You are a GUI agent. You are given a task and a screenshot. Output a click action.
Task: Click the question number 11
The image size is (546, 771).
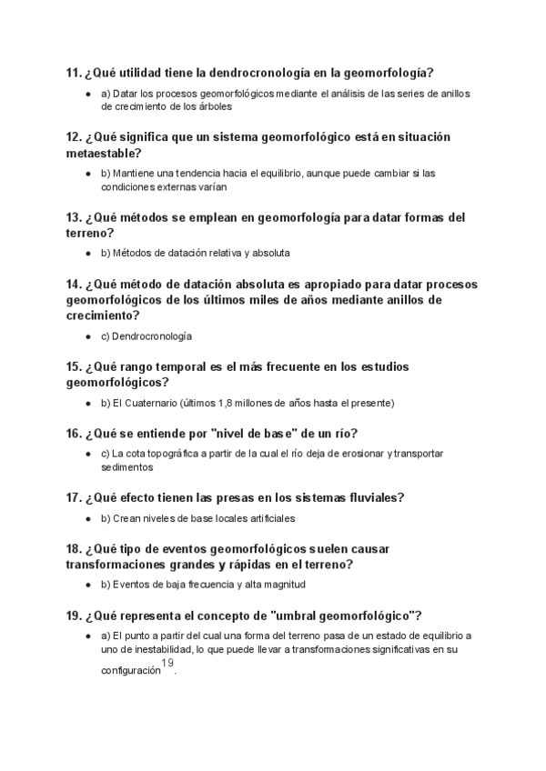(74, 72)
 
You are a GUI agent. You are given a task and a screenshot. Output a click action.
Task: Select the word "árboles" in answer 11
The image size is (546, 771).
(214, 106)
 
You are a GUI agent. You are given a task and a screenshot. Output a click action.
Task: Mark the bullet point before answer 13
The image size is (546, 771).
(88, 253)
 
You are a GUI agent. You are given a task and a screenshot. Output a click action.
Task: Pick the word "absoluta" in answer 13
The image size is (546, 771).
(269, 253)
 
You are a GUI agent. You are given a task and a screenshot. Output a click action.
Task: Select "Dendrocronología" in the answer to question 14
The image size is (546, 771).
(152, 336)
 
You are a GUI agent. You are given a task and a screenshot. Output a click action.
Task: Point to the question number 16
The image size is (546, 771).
(74, 433)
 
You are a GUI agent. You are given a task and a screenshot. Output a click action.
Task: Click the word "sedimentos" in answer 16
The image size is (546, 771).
(126, 467)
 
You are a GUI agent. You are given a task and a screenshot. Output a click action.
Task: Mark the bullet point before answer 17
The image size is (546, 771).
(88, 519)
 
